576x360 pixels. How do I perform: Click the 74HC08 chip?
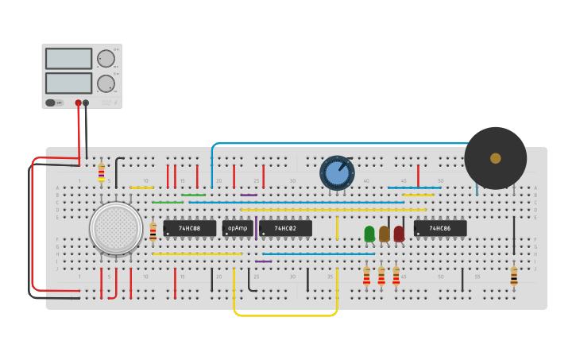coord(189,229)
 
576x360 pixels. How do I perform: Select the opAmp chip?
coord(238,229)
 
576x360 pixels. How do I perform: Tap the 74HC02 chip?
coord(285,229)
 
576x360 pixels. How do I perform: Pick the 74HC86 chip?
coord(440,229)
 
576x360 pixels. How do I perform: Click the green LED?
coord(369,234)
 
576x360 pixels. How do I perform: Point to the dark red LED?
coord(399,234)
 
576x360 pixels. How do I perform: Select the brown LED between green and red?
coord(385,234)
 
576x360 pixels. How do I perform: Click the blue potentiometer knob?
coord(337,172)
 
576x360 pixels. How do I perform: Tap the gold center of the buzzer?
coord(496,158)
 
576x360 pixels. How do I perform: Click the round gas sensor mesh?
coord(116,228)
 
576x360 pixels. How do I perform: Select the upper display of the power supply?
coord(68,59)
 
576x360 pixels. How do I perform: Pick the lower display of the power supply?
coord(68,83)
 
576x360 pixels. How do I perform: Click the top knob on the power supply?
coord(106,59)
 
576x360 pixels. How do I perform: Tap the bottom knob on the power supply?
coord(106,83)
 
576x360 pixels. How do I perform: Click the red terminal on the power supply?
coord(78,103)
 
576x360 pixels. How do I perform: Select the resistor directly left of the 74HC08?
coord(153,231)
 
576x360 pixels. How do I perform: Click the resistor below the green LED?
coord(366,276)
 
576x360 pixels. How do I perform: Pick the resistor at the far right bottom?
coord(514,276)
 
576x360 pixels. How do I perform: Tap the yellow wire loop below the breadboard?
coord(286,315)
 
